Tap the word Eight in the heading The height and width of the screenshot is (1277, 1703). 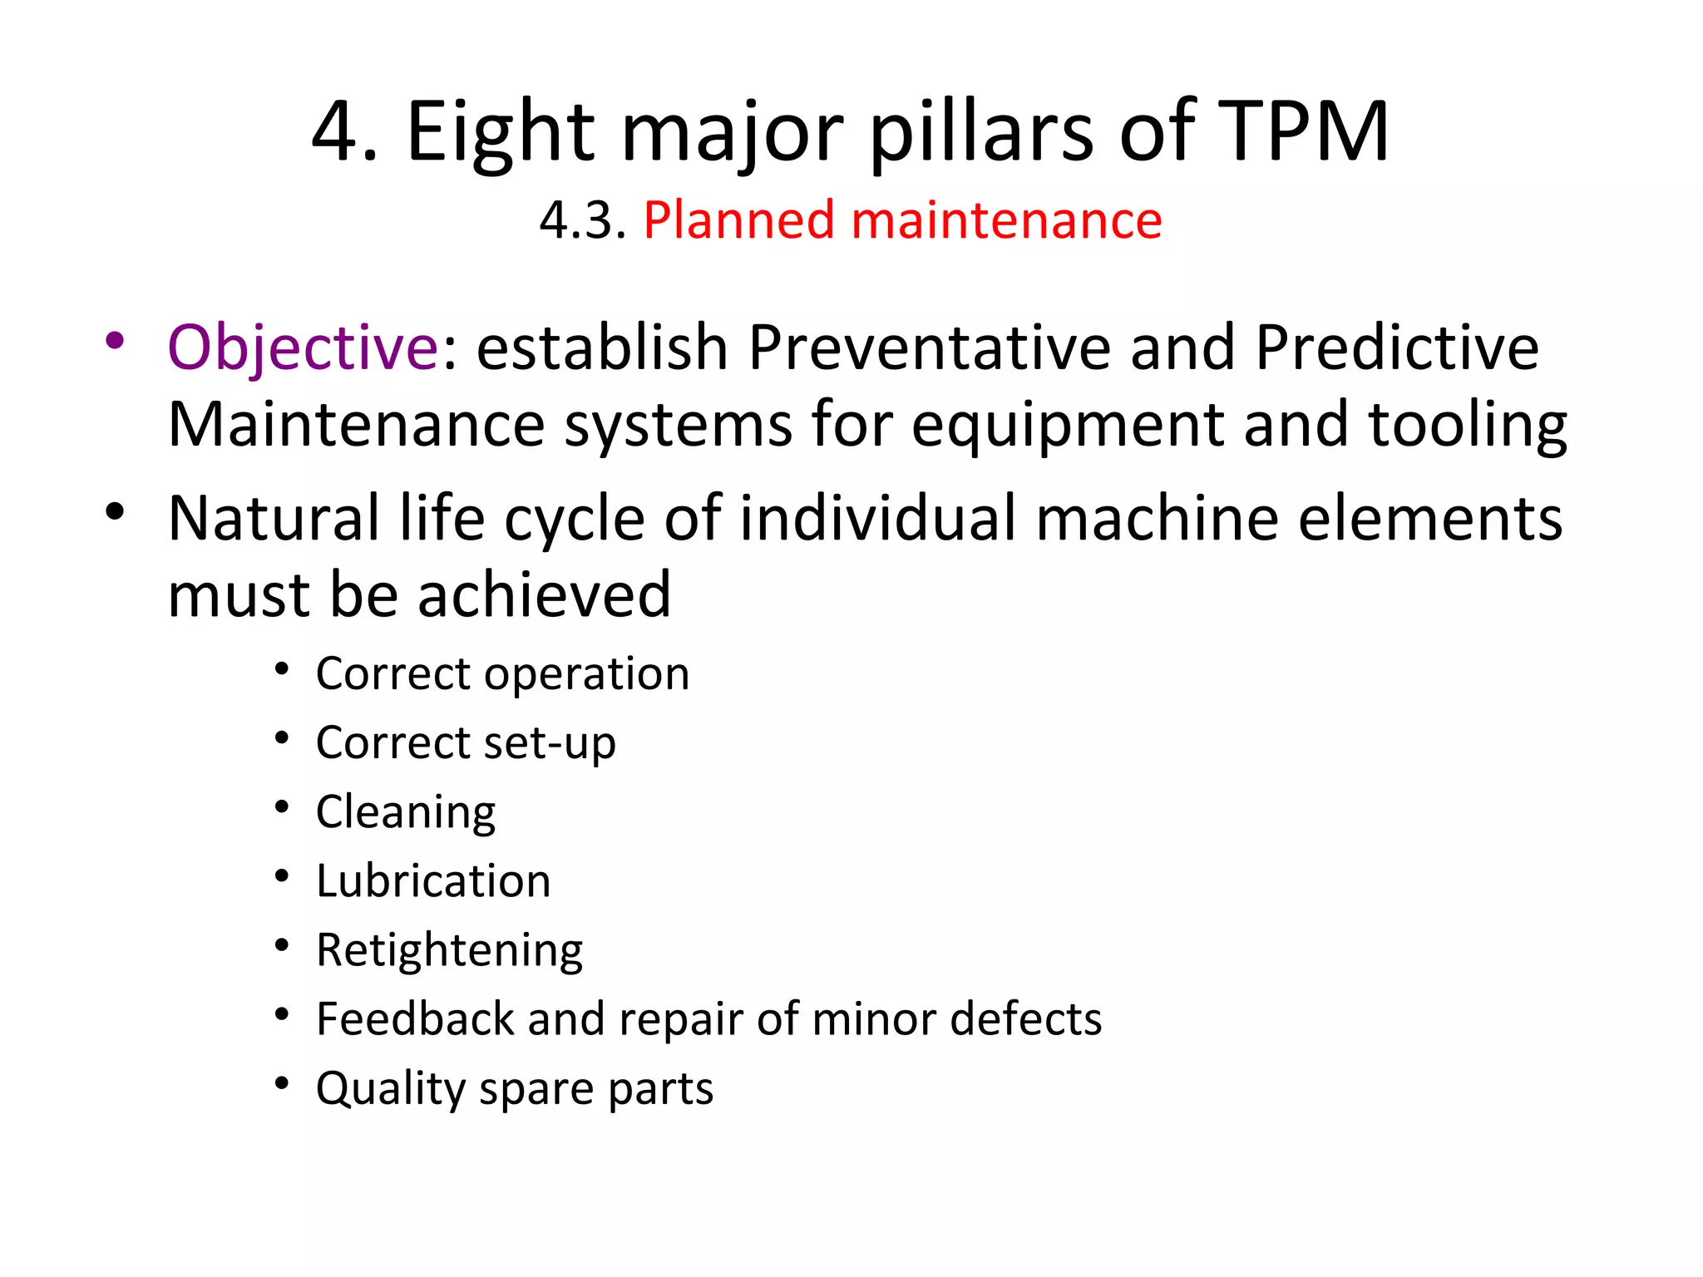coord(500,131)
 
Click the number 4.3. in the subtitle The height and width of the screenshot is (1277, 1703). coord(582,221)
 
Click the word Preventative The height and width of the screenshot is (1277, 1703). coord(929,348)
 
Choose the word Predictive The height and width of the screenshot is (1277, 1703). coord(1397,348)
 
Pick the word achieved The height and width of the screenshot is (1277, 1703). coord(544,595)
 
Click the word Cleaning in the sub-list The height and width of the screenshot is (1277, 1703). coord(406,812)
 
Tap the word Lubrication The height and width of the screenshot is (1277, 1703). coord(433,880)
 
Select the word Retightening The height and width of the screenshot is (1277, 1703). coord(449,950)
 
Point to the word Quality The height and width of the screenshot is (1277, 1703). coord(389,1088)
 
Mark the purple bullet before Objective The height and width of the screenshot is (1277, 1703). coord(115,341)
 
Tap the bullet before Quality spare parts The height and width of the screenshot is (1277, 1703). coord(283,1083)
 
